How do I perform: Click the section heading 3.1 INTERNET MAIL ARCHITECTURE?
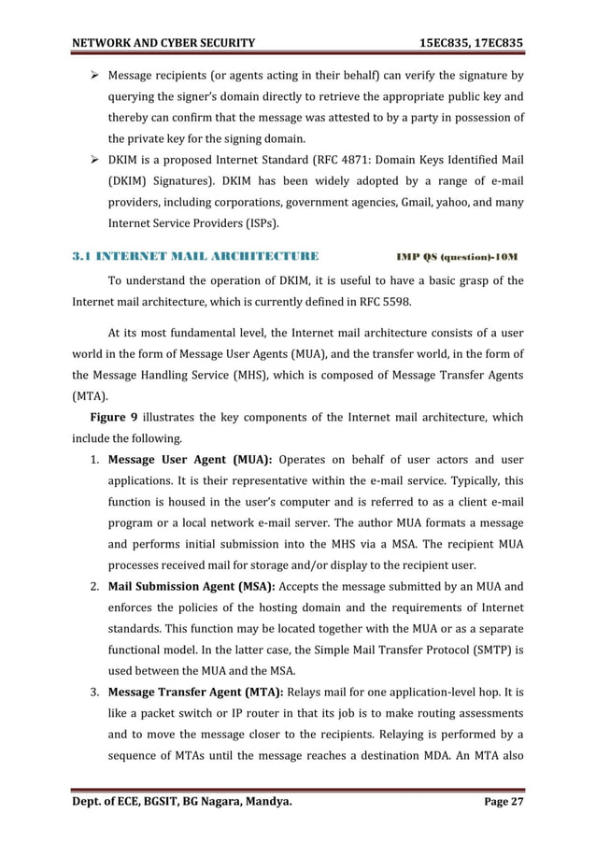(x=195, y=255)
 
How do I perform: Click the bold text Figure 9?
(x=114, y=417)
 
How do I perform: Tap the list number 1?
(x=95, y=459)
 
